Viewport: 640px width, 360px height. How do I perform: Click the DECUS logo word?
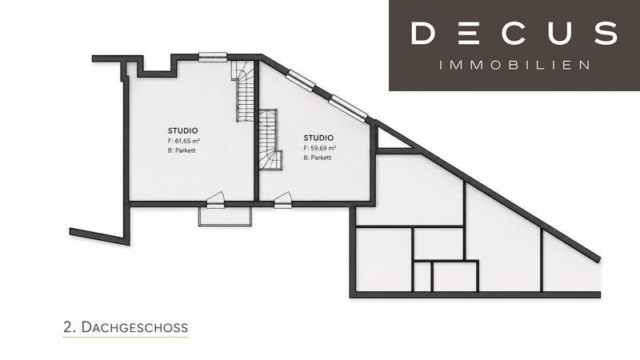514,33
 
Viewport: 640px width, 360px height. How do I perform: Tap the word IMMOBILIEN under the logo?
514,66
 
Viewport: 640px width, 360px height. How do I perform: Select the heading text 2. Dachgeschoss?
126,327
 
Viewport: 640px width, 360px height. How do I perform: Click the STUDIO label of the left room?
183,130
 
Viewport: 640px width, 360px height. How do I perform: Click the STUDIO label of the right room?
318,138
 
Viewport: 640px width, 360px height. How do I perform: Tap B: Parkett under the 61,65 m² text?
182,150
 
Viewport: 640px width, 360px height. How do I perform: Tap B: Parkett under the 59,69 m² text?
317,158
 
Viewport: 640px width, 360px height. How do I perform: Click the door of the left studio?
215,199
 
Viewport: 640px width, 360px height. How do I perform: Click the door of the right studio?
282,199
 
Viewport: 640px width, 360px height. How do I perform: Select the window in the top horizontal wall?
213,57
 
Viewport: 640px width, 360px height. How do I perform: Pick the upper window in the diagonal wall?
301,80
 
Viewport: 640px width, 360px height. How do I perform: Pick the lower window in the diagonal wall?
348,107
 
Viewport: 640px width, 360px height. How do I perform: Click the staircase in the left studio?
243,91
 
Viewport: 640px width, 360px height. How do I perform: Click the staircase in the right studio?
270,139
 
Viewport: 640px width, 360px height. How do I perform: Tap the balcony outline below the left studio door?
226,216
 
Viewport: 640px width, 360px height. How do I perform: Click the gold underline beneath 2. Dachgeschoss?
126,337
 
